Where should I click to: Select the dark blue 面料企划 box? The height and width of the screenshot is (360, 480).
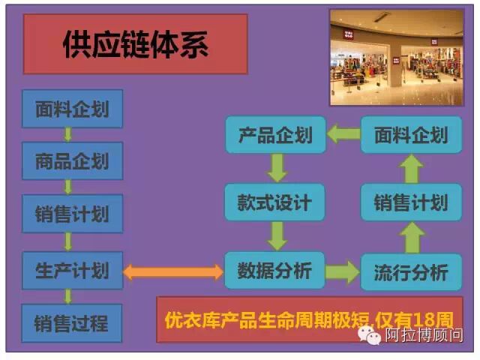[72, 109]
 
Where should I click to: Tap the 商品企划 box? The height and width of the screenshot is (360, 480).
[72, 161]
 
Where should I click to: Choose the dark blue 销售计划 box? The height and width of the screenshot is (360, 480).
[72, 214]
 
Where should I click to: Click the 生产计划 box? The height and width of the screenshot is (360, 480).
[72, 269]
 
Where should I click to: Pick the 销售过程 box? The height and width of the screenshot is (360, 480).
[72, 323]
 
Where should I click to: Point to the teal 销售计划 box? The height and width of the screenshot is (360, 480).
[410, 202]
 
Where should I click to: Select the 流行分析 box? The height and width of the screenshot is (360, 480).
[410, 271]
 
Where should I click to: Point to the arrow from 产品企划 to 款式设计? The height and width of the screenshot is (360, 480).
[277, 168]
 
